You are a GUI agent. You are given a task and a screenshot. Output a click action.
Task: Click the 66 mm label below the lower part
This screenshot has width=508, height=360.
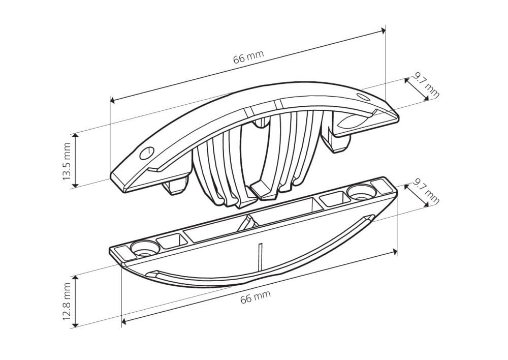[x=256, y=297]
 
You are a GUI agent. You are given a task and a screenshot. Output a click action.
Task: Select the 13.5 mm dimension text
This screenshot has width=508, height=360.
[x=67, y=161]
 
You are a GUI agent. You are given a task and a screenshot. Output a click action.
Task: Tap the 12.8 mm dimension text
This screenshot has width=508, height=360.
[x=67, y=302]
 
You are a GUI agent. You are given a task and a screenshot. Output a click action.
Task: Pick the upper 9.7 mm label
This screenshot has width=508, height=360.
[x=426, y=86]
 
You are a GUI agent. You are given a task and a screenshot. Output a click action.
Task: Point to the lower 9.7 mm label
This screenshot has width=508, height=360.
[x=426, y=193]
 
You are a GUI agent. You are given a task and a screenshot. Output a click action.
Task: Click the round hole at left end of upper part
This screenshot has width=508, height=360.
[x=147, y=153]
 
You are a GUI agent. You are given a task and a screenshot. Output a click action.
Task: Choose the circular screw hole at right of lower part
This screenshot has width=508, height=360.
[x=361, y=192]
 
